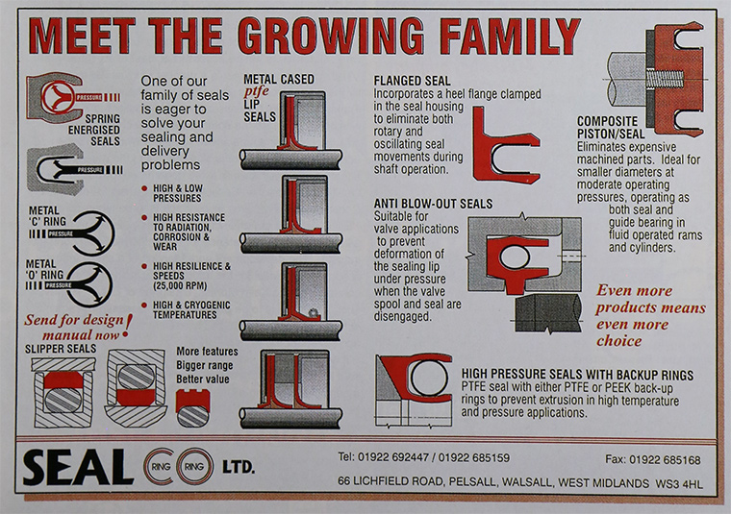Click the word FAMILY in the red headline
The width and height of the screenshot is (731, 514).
coord(510,36)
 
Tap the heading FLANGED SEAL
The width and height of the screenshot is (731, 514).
coord(412,81)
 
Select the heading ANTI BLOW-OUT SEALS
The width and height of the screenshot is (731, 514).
coord(433,204)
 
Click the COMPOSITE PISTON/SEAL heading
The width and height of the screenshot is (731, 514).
coord(611,128)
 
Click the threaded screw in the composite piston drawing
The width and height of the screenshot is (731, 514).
coord(665,79)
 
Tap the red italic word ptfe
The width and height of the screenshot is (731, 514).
coord(257,91)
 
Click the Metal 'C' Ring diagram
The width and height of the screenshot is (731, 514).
coord(93,233)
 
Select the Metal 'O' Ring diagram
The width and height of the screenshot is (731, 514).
coord(91,285)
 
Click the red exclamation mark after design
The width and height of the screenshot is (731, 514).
coord(128,326)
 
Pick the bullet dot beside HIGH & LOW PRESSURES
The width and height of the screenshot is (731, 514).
coord(144,188)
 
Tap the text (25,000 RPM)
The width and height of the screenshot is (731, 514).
coord(180,286)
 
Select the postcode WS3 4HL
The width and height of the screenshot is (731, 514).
coord(679,484)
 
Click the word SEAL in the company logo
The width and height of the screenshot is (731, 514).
coord(78,467)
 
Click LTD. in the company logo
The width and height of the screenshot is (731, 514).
coord(239,467)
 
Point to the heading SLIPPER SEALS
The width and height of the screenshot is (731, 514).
coord(61,349)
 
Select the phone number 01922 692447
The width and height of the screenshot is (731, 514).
coord(393,457)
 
